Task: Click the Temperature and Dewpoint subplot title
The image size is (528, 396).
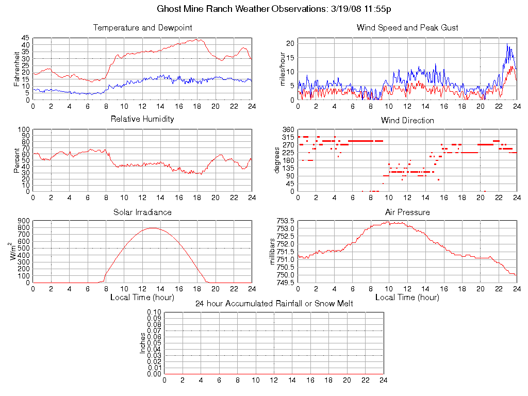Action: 142,27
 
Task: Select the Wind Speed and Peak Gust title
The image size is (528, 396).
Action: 407,27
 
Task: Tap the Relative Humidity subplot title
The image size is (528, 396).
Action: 142,119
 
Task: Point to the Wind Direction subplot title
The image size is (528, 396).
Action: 407,120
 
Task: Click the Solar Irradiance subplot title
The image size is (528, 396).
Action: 142,212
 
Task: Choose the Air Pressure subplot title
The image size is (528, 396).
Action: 407,212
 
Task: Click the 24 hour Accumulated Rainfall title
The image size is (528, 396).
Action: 274,304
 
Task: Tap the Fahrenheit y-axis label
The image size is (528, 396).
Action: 17,69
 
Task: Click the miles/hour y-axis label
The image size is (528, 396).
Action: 282,69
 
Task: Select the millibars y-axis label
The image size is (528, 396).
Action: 274,252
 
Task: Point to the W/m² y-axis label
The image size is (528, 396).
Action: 15,251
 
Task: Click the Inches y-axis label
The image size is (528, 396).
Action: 143,343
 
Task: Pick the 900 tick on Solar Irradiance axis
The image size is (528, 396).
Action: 23,221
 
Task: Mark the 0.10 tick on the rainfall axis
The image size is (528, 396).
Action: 154,312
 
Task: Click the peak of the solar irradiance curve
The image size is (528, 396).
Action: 153,228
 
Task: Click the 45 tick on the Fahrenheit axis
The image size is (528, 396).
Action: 25,38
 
